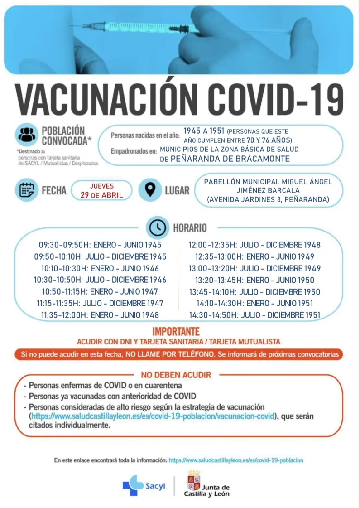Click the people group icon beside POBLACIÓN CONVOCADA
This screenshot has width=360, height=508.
[x=27, y=135]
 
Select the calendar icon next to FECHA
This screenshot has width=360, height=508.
[x=27, y=190]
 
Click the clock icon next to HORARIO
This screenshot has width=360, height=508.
[x=158, y=228]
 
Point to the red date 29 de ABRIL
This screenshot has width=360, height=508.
[x=102, y=195]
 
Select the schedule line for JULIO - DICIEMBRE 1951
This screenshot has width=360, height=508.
[x=254, y=315]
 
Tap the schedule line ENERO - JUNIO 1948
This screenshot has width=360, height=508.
[x=100, y=315]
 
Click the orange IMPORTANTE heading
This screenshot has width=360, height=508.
[x=176, y=332]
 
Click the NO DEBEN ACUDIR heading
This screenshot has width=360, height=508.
[x=176, y=375]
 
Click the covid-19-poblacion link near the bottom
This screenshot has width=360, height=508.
[x=236, y=460]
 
